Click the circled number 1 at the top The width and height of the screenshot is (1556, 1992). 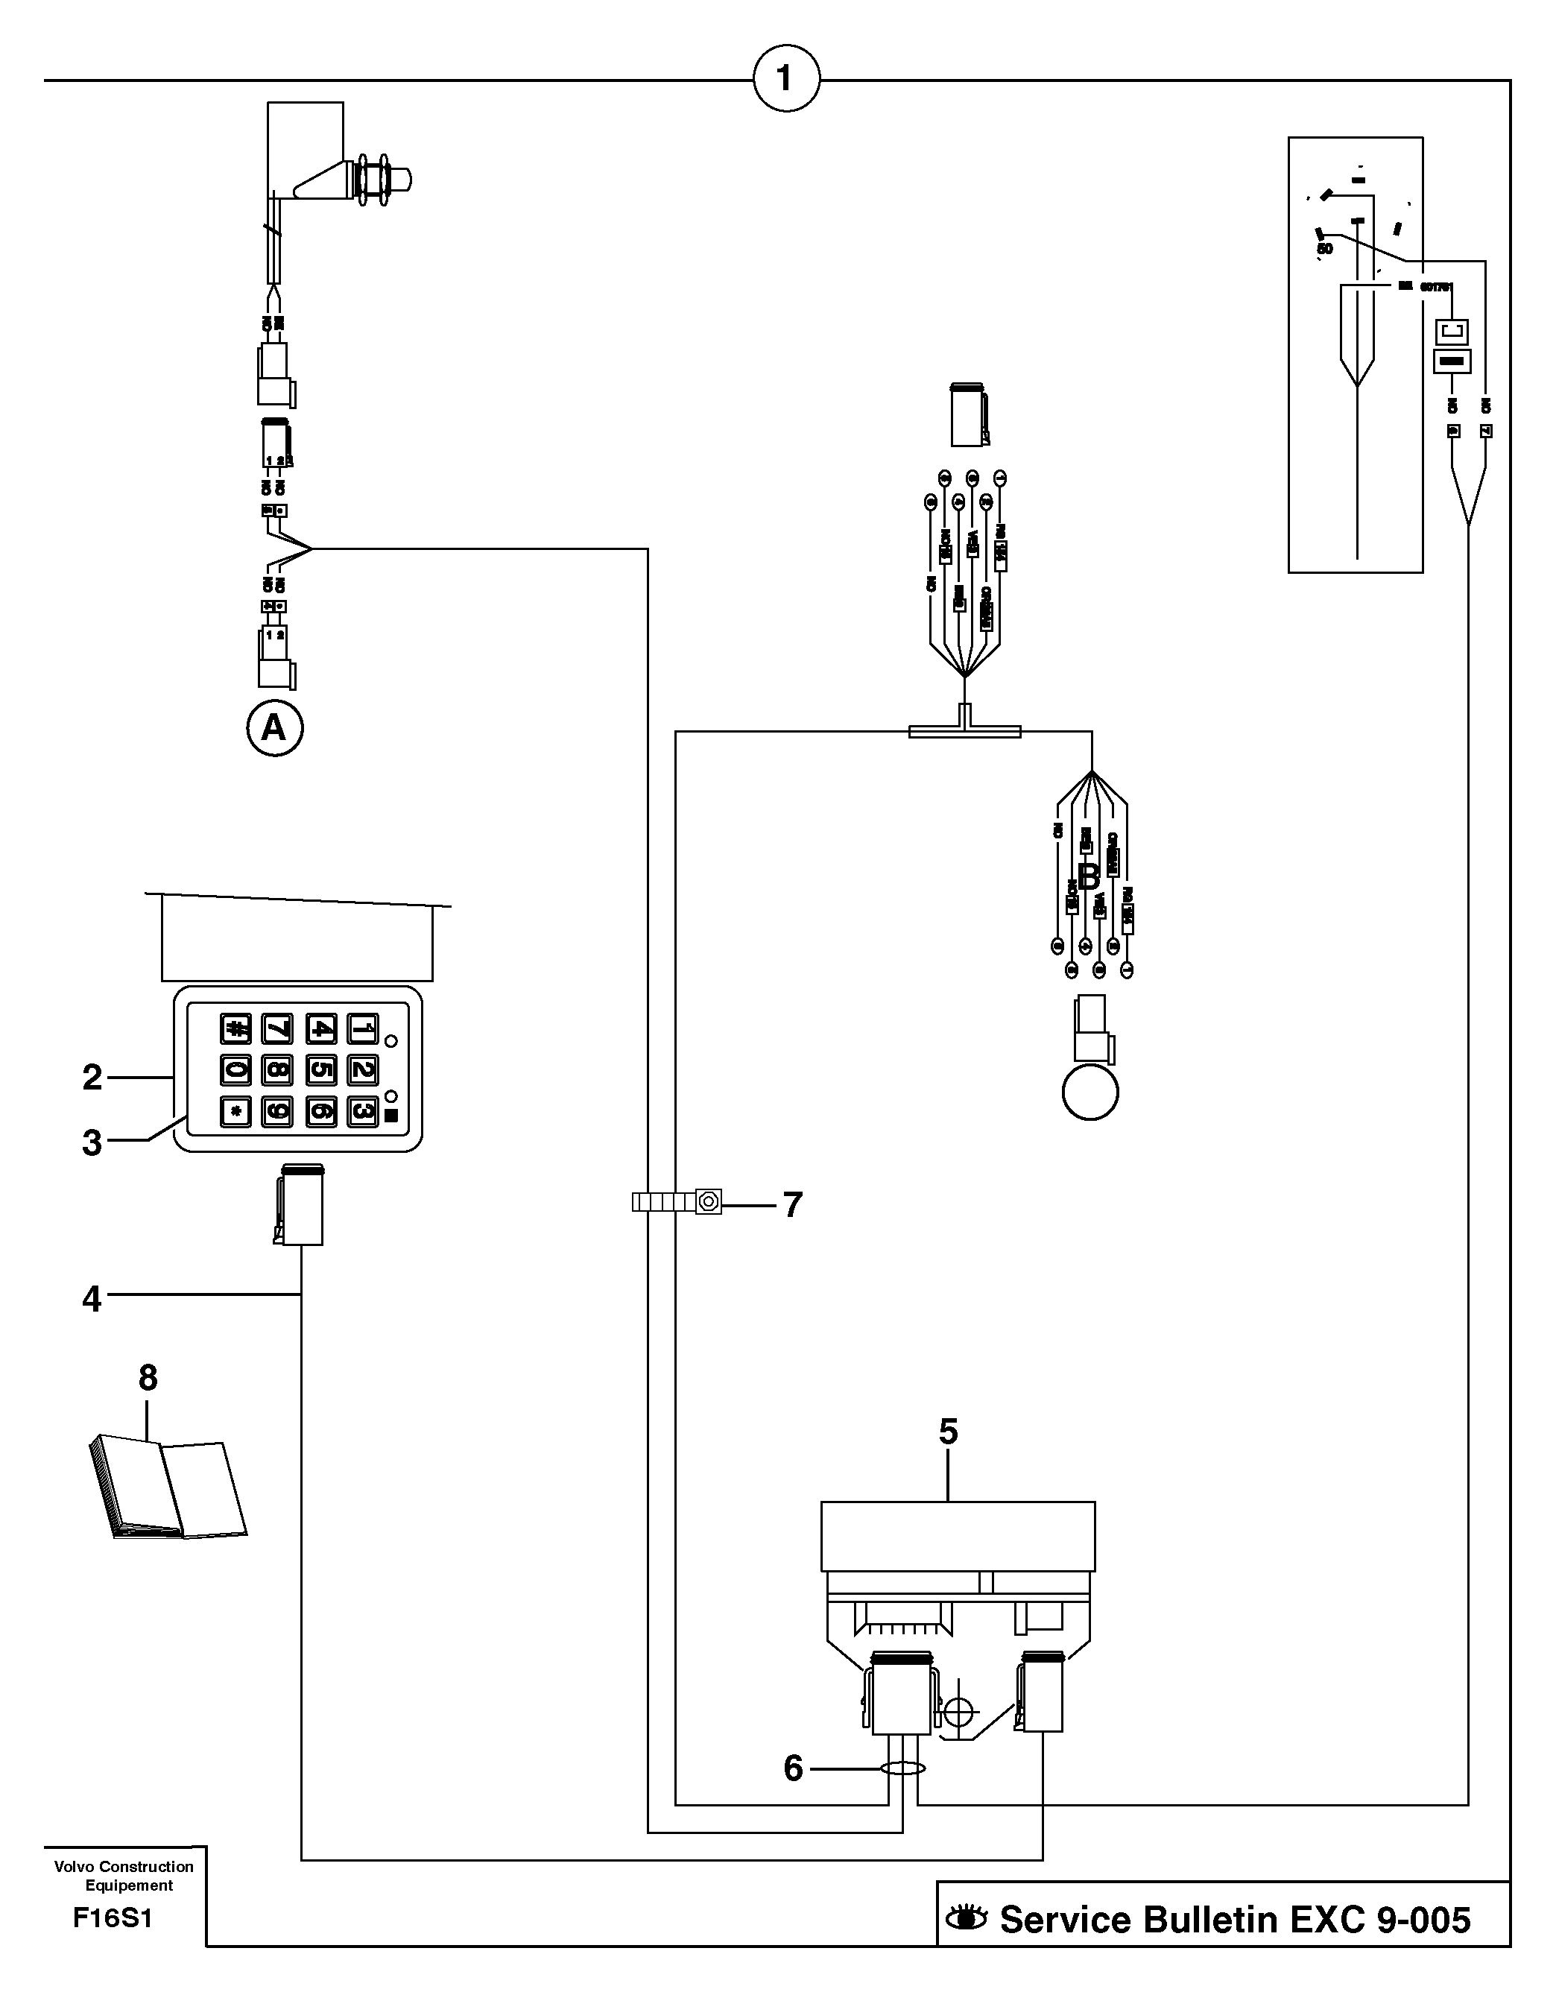tap(786, 79)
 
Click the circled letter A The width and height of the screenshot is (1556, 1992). tap(274, 728)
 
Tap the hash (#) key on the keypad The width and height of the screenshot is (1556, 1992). tap(235, 1029)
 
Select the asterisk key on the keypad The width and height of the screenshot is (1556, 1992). tap(235, 1111)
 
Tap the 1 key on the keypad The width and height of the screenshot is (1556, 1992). tap(363, 1029)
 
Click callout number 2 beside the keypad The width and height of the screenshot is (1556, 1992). tap(92, 1077)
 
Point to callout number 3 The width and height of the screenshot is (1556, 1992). tap(92, 1142)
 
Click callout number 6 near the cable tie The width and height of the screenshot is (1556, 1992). tap(794, 1768)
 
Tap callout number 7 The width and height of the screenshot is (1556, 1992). tap(793, 1205)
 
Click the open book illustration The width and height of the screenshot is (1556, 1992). tap(168, 1487)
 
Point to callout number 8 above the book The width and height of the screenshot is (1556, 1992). tap(148, 1377)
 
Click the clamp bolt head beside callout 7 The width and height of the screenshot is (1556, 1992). tap(709, 1201)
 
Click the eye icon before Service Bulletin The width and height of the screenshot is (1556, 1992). tap(966, 1919)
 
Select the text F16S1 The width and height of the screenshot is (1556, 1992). tap(113, 1918)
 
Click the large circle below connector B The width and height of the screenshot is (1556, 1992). tap(1090, 1091)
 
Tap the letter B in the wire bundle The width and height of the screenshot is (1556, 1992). tap(1089, 876)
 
